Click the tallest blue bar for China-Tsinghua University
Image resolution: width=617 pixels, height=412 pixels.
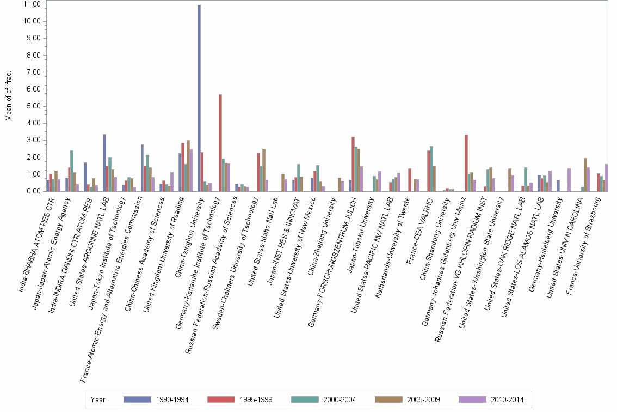pyautogui.click(x=199, y=98)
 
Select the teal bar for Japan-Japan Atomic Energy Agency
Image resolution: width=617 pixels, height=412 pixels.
pyautogui.click(x=72, y=171)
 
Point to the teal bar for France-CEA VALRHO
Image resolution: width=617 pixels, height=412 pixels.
pyautogui.click(x=431, y=168)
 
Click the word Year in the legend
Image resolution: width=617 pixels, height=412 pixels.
pyautogui.click(x=98, y=399)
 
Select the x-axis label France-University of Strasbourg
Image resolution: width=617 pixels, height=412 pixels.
pyautogui.click(x=587, y=232)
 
